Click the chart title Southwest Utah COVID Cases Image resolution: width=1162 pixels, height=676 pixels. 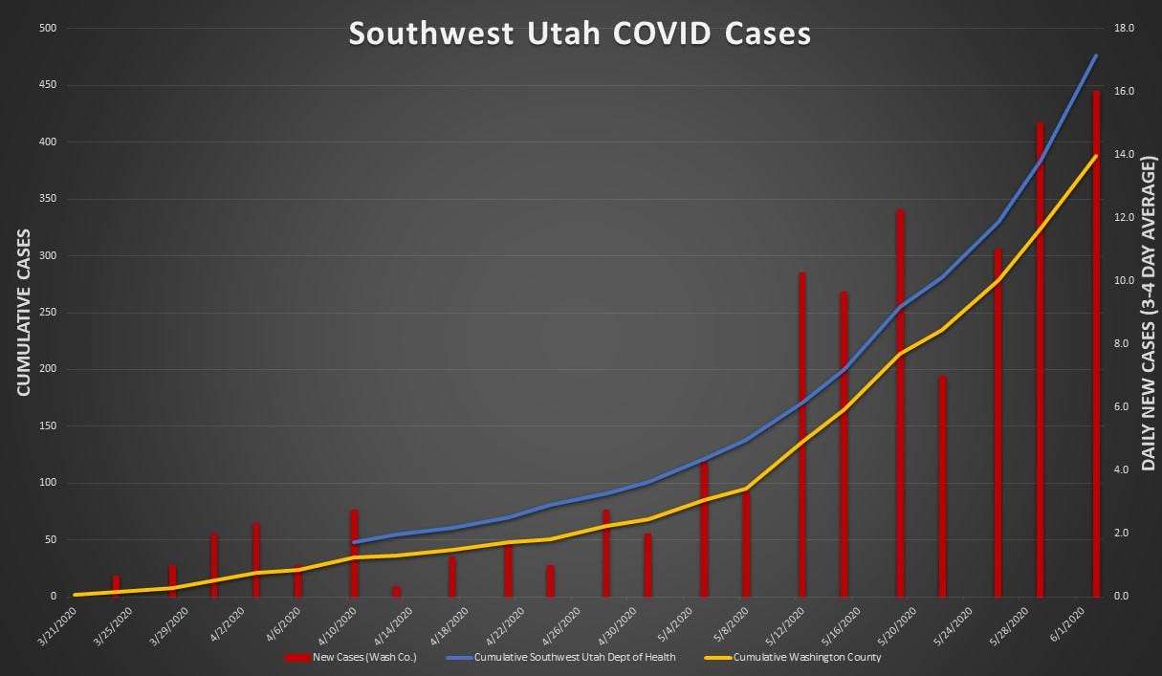(580, 33)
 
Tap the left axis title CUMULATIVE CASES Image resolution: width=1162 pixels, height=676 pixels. (23, 313)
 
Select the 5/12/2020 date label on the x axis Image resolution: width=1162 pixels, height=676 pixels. (782, 622)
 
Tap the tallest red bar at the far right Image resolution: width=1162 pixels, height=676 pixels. (1096, 344)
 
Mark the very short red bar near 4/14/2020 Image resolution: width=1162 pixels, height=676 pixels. (396, 591)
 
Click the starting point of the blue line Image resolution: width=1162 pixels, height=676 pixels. (354, 542)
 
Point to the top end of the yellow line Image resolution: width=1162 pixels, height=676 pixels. (1096, 156)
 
